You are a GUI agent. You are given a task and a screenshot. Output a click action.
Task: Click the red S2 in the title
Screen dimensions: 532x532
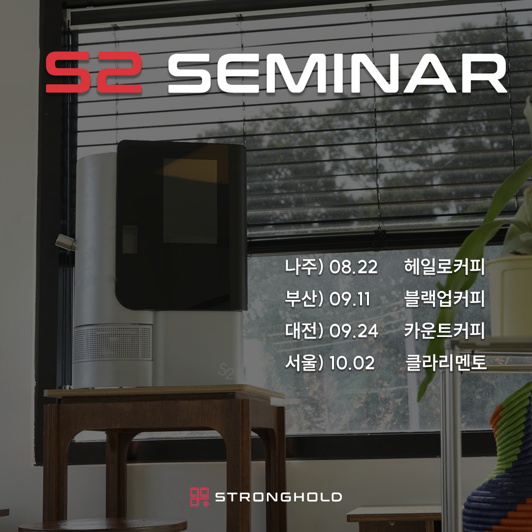coord(94,72)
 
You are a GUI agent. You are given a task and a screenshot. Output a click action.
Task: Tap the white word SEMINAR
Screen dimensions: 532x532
coord(337,72)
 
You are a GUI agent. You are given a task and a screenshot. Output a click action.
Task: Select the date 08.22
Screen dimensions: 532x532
coord(353,266)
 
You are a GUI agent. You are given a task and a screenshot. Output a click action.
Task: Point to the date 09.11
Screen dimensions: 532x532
coord(349,299)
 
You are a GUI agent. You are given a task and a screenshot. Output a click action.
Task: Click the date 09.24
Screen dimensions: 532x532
coord(353,331)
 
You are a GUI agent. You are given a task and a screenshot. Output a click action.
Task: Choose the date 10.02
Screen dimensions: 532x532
coord(352,363)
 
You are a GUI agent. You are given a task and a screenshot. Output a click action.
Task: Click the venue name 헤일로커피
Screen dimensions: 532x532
coord(444,266)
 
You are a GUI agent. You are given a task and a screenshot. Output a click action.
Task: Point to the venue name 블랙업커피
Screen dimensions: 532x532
coord(444,299)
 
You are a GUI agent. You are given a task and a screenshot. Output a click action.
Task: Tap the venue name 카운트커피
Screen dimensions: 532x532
coord(444,331)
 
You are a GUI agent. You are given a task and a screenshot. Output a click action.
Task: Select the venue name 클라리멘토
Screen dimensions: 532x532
coord(446,363)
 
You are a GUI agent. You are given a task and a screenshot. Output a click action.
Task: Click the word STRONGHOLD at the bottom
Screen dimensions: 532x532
coord(278,498)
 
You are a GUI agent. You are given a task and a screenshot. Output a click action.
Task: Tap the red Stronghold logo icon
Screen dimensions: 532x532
coord(199,497)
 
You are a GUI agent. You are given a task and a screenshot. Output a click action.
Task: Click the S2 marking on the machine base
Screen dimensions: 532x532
coord(226,371)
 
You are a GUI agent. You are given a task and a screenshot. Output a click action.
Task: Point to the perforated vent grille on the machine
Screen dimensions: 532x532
coord(113,342)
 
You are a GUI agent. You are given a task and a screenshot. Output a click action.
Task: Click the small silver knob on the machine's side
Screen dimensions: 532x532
coord(65,242)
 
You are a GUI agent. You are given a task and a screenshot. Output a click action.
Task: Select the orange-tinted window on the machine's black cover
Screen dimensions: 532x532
coord(190,201)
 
